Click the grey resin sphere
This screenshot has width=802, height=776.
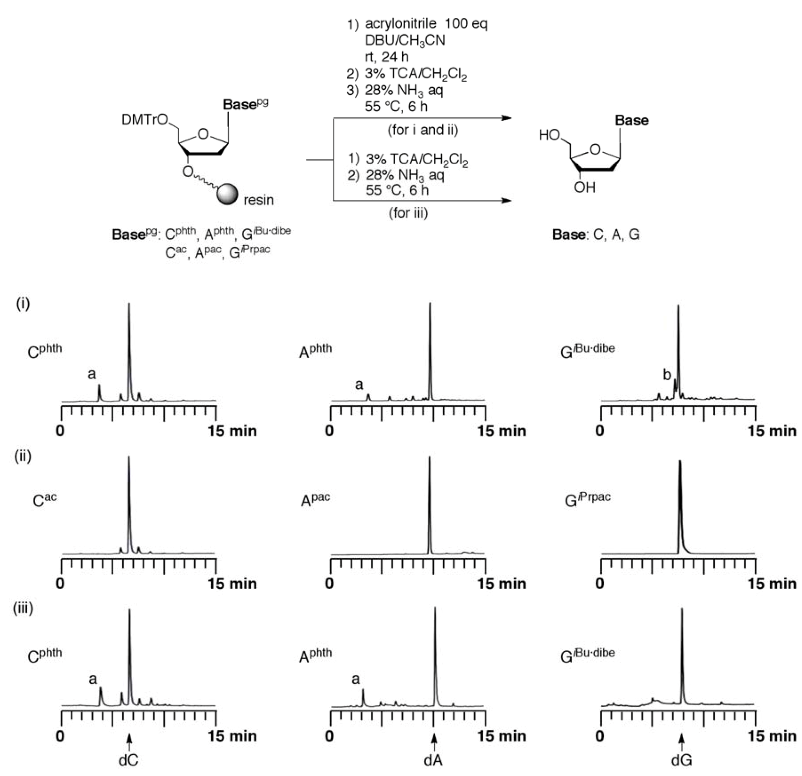coord(228,194)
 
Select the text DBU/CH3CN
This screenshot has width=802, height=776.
coord(405,40)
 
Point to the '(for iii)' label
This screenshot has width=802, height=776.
coord(408,213)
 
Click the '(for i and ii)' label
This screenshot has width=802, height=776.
coord(423,130)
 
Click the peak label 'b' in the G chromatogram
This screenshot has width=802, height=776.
coord(667,374)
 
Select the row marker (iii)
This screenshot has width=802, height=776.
coord(23,608)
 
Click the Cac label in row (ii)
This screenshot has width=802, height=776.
coord(45,500)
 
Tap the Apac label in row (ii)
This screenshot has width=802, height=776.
coord(315,500)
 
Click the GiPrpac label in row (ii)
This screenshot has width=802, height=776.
coord(588,500)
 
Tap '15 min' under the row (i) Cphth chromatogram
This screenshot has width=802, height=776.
coord(232,431)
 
